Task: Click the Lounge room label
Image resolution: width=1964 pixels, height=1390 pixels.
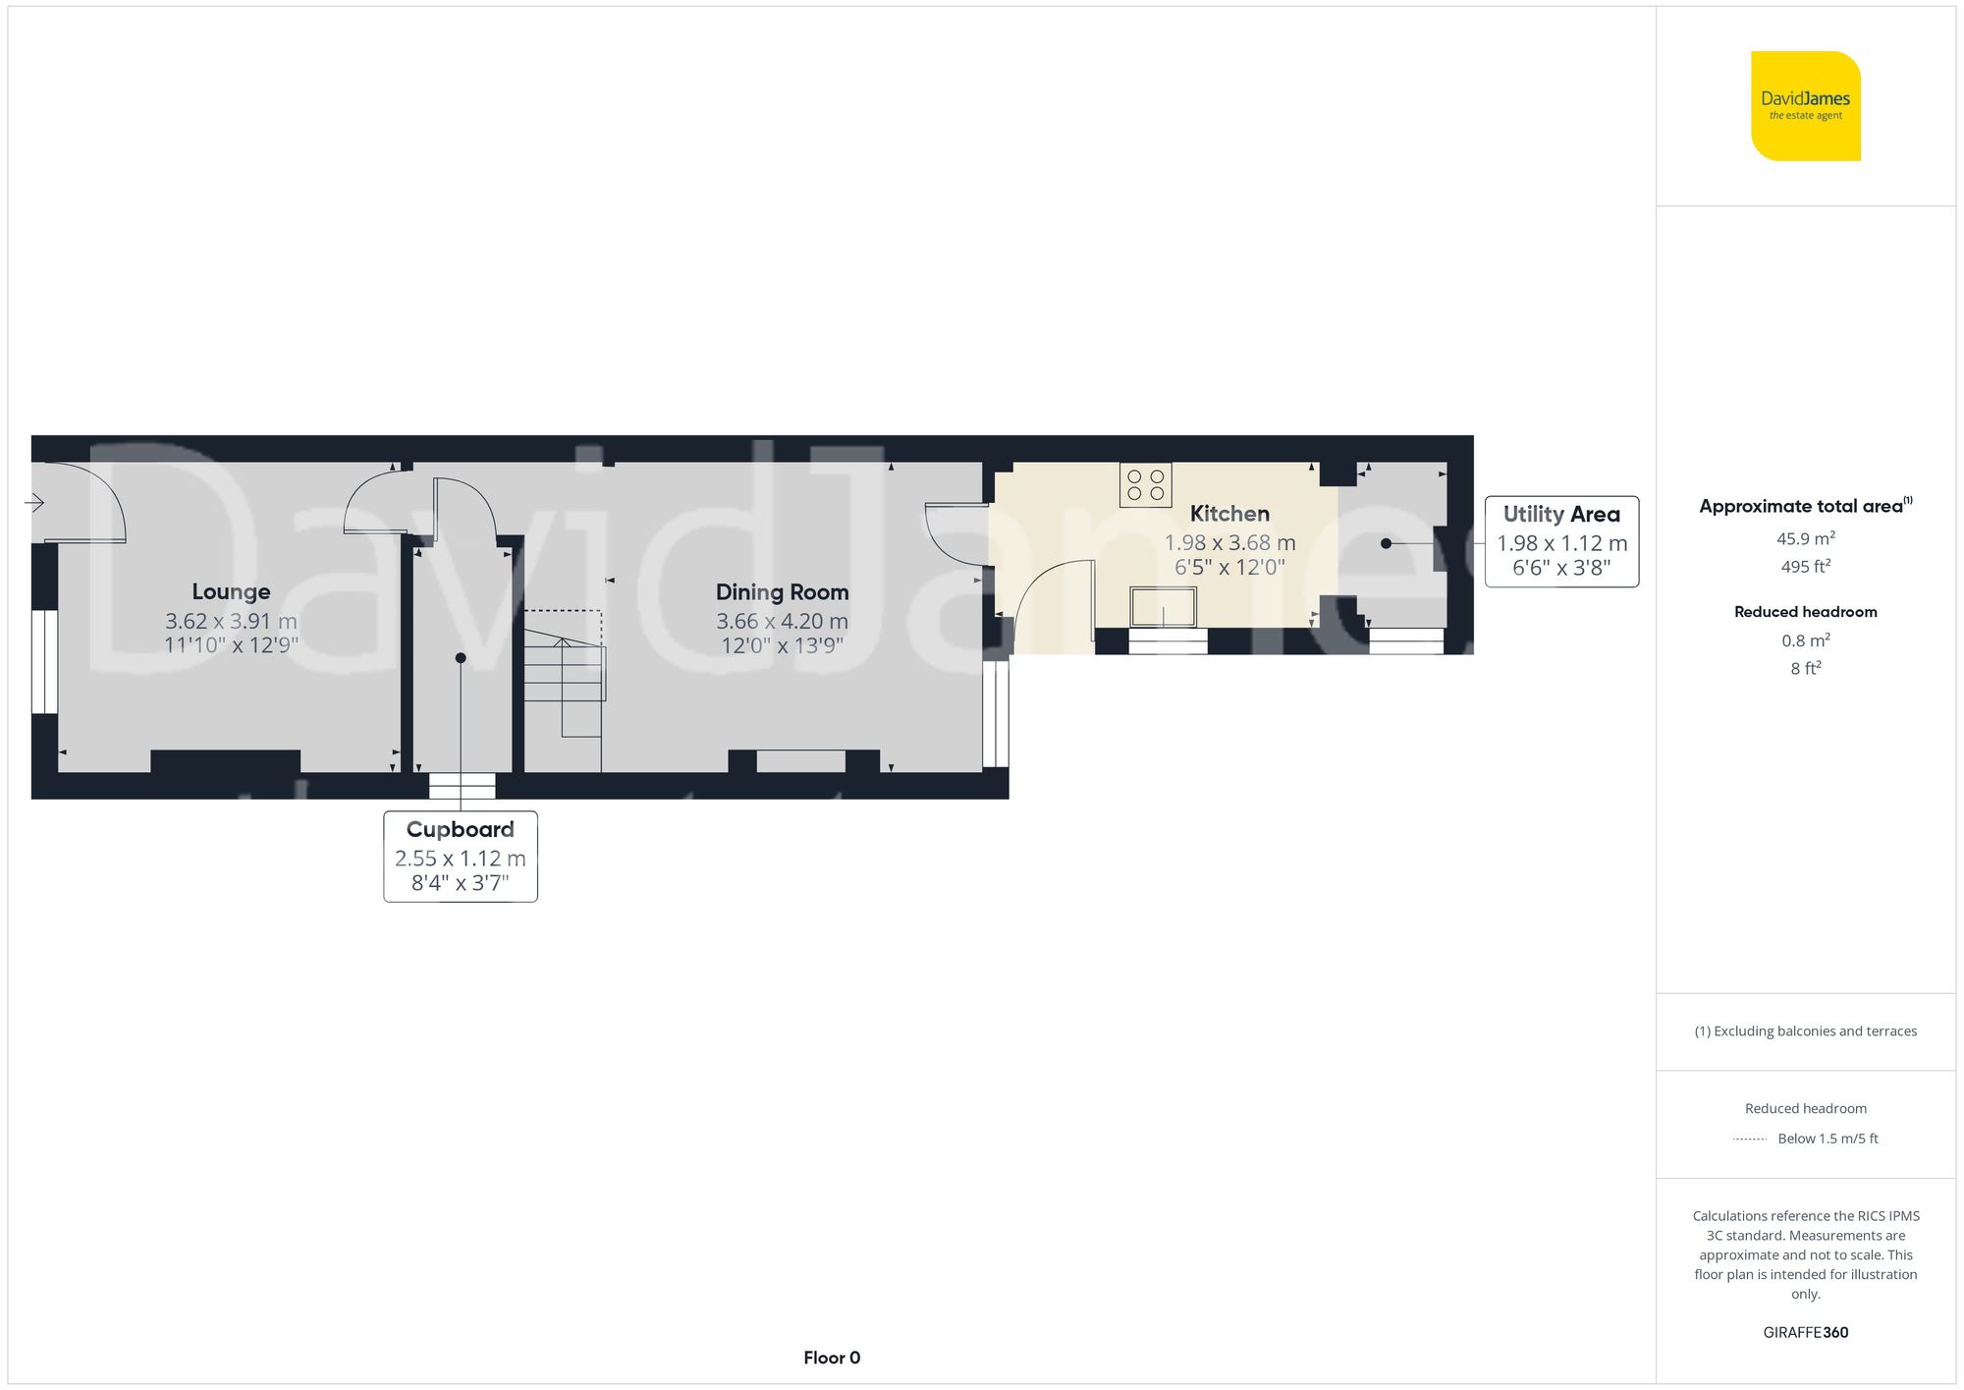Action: (x=231, y=591)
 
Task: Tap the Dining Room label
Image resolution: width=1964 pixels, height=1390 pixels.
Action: (x=782, y=592)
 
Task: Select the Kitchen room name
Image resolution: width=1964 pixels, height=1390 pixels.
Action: (x=1229, y=513)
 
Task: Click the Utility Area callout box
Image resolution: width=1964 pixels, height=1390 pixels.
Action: (x=1561, y=541)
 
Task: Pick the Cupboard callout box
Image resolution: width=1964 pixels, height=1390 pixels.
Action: (x=461, y=857)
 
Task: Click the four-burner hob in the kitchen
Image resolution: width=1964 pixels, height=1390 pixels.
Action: (x=1145, y=484)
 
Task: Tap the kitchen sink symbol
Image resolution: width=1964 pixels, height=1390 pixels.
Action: (x=1164, y=607)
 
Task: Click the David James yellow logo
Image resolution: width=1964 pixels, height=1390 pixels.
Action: (x=1806, y=106)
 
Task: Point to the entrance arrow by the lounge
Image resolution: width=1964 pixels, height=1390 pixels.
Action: (x=33, y=503)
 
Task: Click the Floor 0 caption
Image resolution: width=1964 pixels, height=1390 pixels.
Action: (x=832, y=1358)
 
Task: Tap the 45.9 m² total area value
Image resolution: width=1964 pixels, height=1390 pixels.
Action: (x=1806, y=538)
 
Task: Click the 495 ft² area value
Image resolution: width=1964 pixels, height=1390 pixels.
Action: (x=1806, y=566)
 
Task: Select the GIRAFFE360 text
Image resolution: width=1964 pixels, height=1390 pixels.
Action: (x=1806, y=1332)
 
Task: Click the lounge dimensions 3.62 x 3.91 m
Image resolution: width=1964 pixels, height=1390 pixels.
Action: (x=231, y=621)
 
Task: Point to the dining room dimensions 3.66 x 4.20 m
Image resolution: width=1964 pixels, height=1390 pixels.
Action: (x=782, y=621)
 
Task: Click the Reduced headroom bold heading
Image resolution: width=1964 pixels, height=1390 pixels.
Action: (x=1806, y=611)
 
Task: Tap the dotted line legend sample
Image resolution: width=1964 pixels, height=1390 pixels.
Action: (x=1750, y=1140)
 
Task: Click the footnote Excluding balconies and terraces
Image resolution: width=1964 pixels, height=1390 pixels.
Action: (x=1806, y=1030)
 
